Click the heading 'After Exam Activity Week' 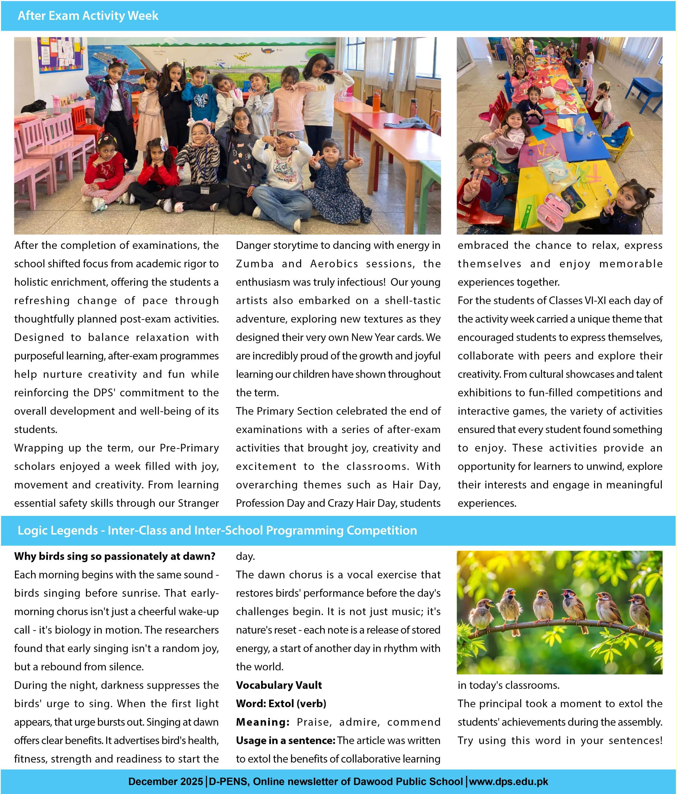click(88, 16)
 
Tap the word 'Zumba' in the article click(255, 264)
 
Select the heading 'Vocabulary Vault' click(279, 685)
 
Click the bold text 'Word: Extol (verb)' click(281, 704)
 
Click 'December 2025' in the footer click(166, 782)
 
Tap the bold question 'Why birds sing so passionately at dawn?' click(115, 556)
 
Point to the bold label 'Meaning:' click(263, 722)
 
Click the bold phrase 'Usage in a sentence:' click(285, 740)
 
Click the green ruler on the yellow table click(529, 215)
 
